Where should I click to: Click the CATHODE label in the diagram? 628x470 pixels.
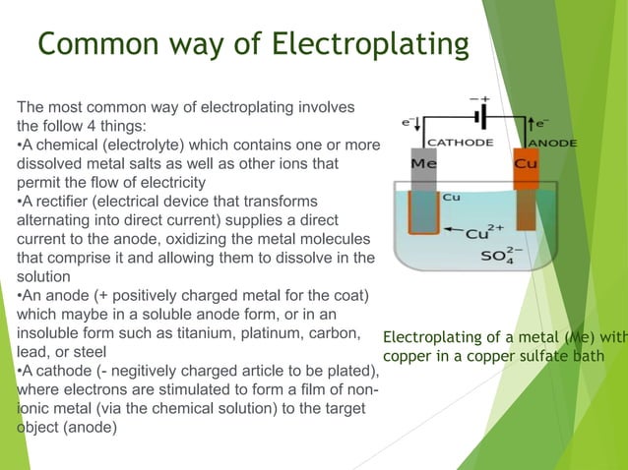point(461,143)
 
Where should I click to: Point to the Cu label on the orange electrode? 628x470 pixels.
point(528,165)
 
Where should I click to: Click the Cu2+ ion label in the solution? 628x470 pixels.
point(484,233)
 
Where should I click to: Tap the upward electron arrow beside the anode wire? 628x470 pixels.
point(532,125)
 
